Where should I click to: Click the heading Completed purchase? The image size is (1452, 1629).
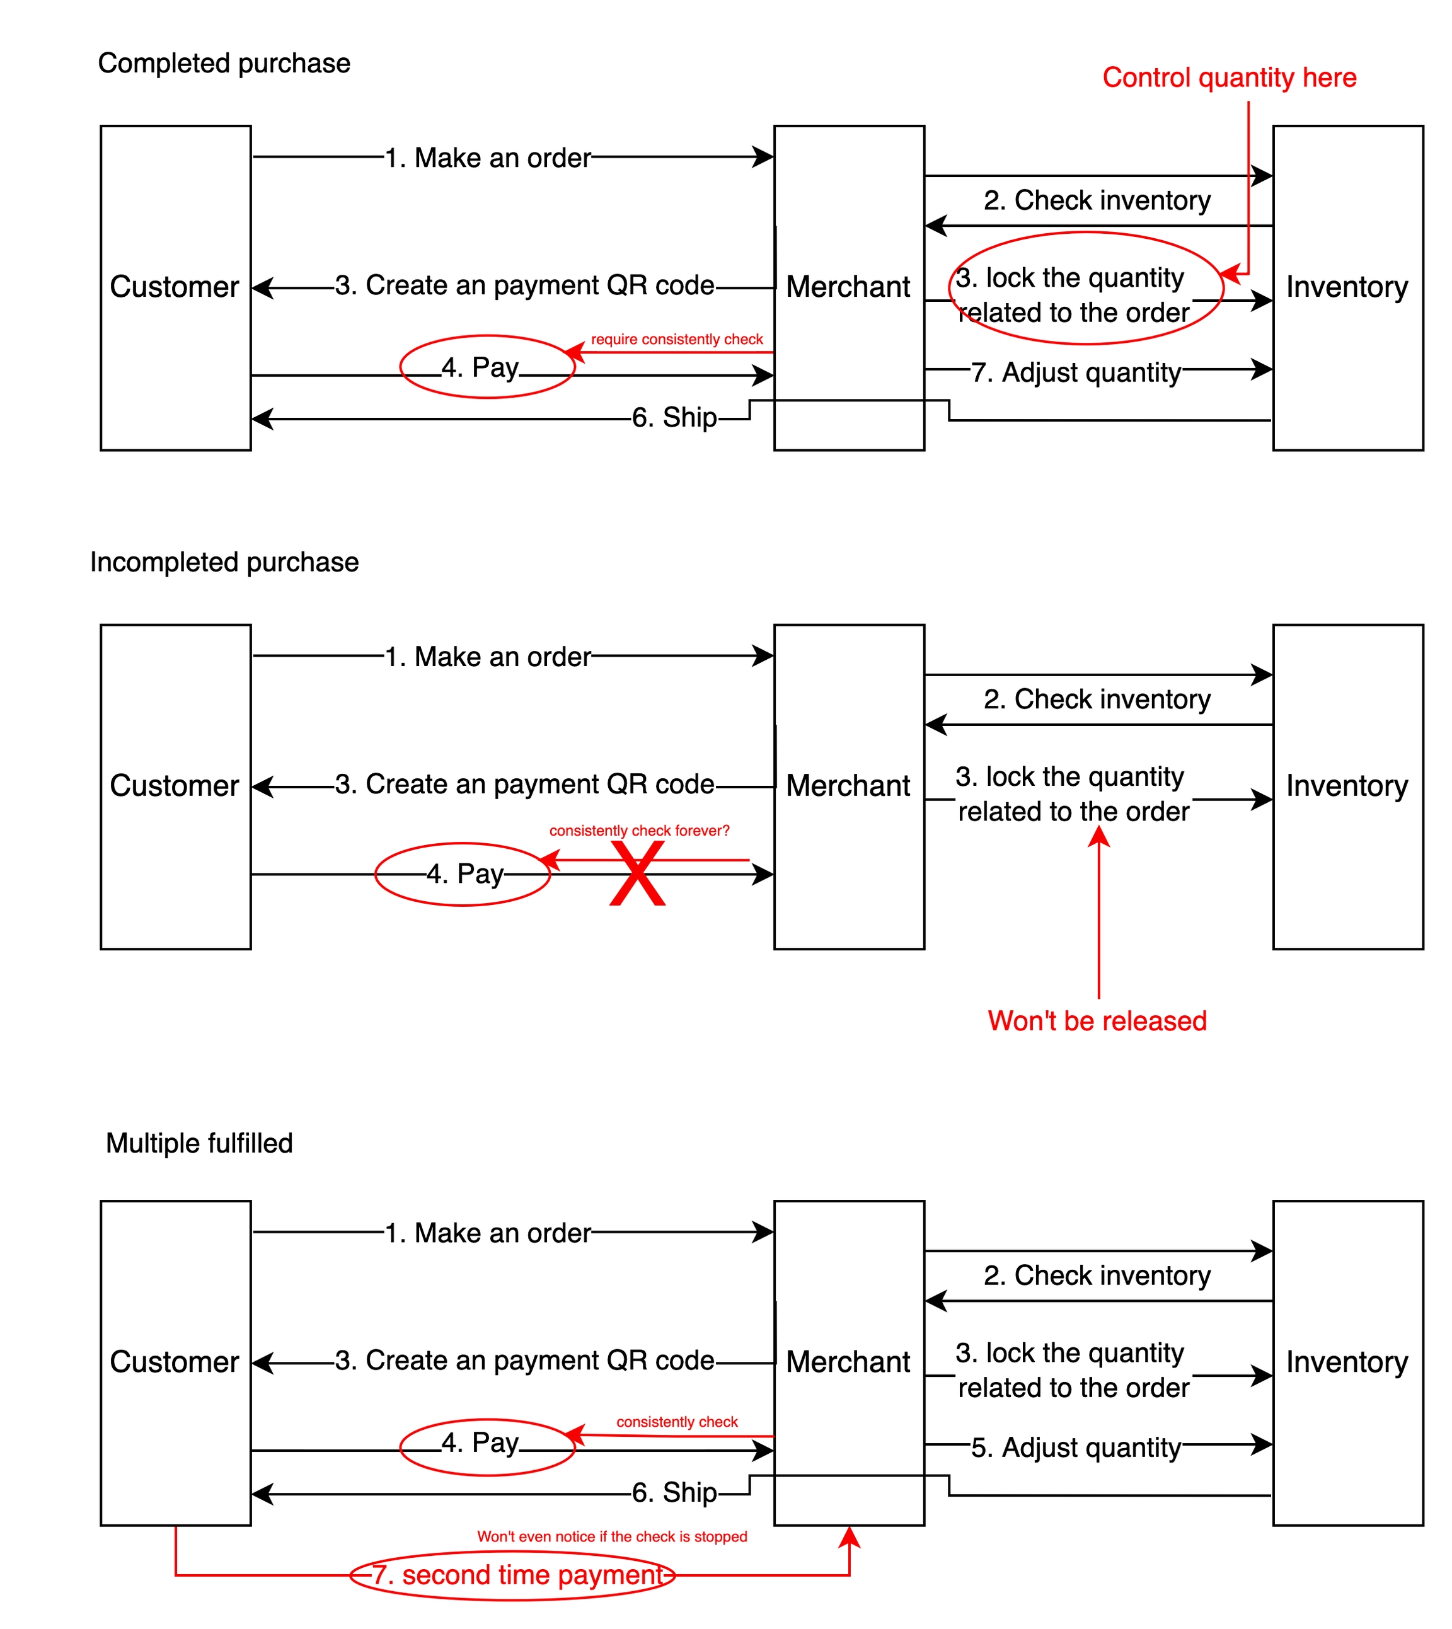click(224, 63)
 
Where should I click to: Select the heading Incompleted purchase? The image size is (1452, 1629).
click(224, 561)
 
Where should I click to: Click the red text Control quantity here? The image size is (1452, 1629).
click(1229, 78)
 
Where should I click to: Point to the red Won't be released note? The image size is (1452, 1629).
click(1097, 1020)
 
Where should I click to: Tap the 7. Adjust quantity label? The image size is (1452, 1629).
click(1075, 372)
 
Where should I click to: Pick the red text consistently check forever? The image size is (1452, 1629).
click(639, 831)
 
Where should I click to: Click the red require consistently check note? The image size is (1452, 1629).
click(677, 339)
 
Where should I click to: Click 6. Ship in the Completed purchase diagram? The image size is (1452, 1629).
click(674, 417)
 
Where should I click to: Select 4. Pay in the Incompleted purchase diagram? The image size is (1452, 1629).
click(465, 873)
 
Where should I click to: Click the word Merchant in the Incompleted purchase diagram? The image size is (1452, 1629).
click(848, 786)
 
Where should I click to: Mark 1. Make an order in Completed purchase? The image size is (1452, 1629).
click(487, 158)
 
